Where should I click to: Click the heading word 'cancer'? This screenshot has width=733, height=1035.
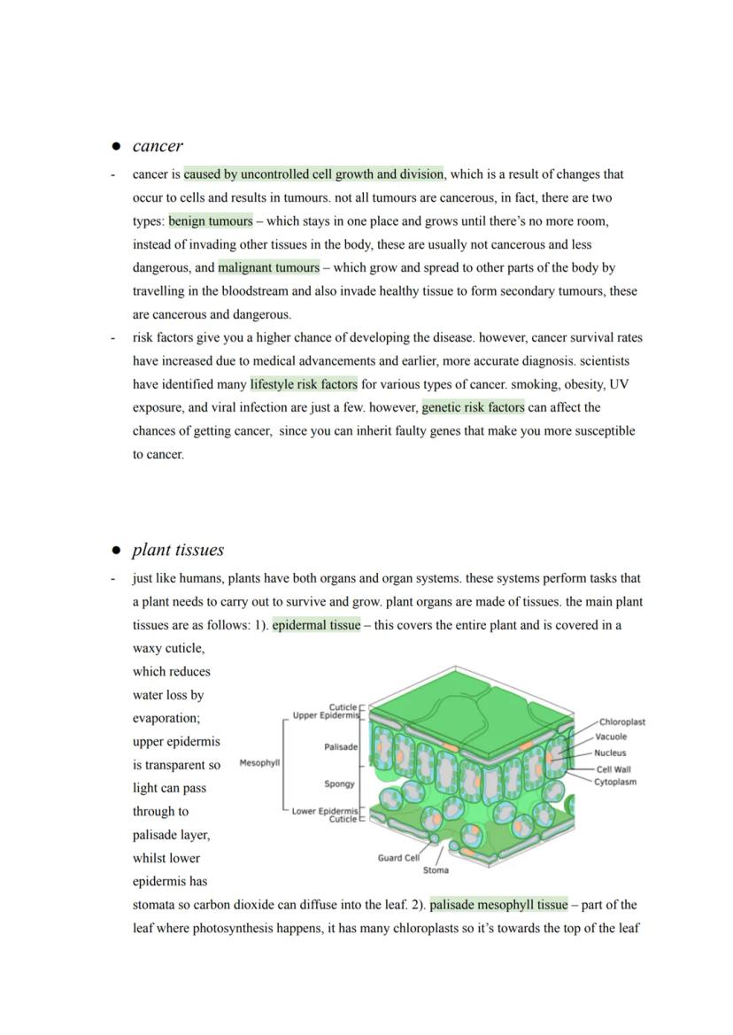tap(158, 146)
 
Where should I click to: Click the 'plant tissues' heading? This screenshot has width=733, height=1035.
tap(177, 550)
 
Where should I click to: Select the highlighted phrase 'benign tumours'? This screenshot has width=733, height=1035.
tap(211, 221)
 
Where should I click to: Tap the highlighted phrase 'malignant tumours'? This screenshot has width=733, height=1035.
tap(269, 267)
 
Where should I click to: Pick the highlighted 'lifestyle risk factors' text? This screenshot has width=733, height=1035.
tap(304, 384)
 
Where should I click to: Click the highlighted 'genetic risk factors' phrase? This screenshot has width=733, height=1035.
tap(473, 407)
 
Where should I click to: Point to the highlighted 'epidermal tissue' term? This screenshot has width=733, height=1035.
tap(316, 625)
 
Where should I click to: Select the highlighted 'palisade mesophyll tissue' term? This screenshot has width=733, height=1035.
tap(498, 905)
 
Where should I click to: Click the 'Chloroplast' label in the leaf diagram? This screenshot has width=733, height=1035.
tap(621, 722)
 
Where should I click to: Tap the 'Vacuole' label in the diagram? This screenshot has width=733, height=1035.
tap(611, 737)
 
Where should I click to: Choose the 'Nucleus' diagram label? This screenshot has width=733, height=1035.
tap(610, 753)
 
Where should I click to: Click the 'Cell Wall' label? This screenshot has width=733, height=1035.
tap(613, 769)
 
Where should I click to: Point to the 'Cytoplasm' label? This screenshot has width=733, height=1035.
tap(615, 782)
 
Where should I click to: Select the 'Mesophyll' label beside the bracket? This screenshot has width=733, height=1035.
tap(259, 762)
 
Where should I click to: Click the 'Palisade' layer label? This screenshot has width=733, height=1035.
tap(341, 747)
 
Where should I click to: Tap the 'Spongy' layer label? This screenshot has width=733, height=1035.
tap(340, 784)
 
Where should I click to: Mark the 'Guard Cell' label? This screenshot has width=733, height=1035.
tap(398, 858)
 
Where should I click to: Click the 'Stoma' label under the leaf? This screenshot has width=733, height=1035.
tap(436, 870)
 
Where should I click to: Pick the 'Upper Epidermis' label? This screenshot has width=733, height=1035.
tap(325, 715)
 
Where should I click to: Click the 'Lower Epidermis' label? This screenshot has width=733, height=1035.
tap(325, 811)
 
